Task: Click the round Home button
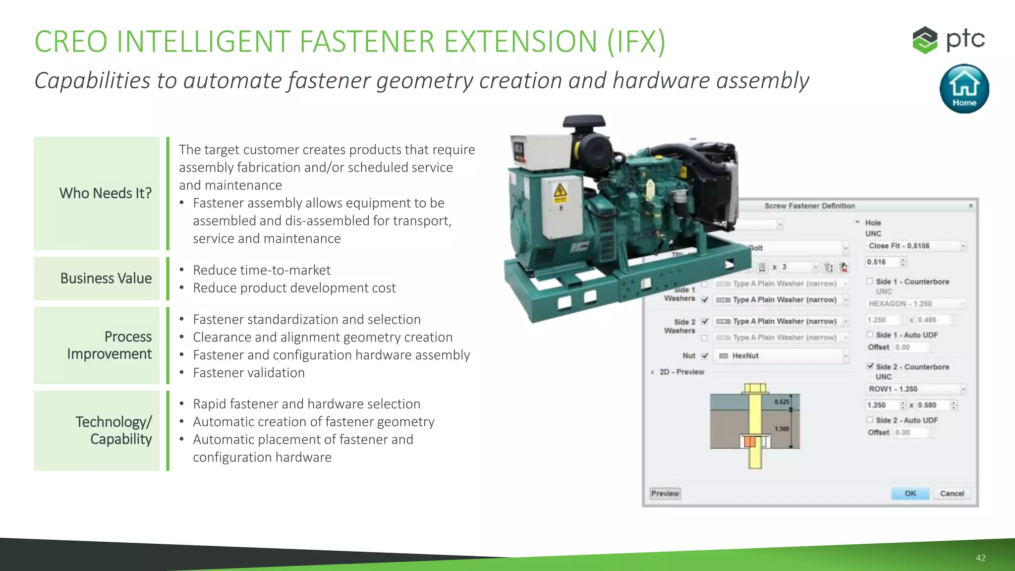click(x=964, y=89)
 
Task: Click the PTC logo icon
click(x=925, y=40)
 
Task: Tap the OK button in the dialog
click(x=910, y=494)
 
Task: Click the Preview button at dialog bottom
click(x=665, y=494)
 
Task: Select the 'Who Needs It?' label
click(x=105, y=193)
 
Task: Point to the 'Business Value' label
click(x=106, y=279)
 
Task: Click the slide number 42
click(x=980, y=558)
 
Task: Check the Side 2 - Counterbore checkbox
click(x=870, y=366)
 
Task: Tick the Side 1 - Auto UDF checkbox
click(x=870, y=335)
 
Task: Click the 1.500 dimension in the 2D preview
click(x=782, y=429)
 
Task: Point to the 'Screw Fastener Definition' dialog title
click(x=809, y=206)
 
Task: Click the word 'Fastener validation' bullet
click(x=249, y=373)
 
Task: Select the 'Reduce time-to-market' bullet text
click(x=262, y=270)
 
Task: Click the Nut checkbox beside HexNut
click(x=705, y=356)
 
